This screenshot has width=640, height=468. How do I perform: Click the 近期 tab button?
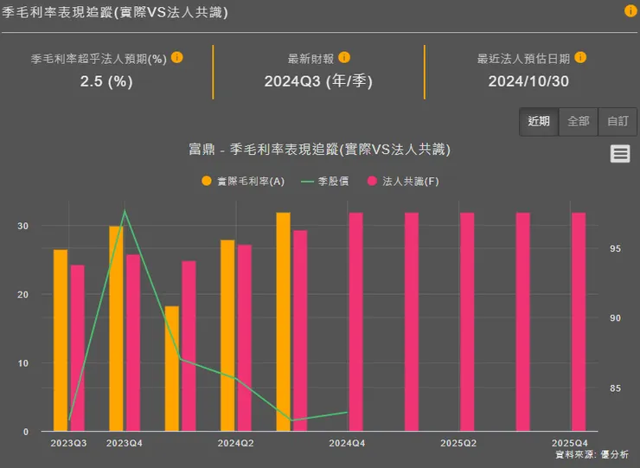(x=538, y=121)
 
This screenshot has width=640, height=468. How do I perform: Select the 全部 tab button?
(x=578, y=121)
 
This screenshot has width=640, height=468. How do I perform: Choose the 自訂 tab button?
(x=618, y=121)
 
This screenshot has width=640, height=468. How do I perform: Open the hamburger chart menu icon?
(x=619, y=153)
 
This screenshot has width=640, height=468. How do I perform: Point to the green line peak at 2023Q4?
(x=125, y=210)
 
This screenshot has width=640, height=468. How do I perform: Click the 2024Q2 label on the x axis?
(x=235, y=443)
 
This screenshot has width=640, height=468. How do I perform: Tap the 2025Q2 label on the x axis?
(x=458, y=443)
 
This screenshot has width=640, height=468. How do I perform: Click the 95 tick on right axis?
(x=616, y=249)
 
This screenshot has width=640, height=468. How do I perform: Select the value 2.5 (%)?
(x=106, y=81)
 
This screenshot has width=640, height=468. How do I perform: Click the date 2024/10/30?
(x=528, y=81)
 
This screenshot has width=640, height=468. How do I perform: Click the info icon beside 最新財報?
(x=344, y=58)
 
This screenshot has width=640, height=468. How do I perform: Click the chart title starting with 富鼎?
(x=319, y=150)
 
